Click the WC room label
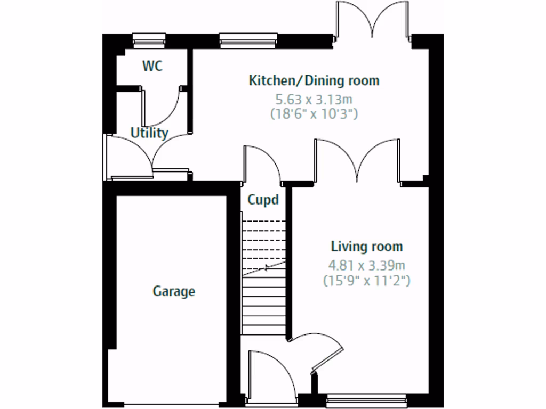152,67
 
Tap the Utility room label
150,133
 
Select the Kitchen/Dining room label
314,81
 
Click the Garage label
174,291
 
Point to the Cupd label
263,200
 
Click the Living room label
367,247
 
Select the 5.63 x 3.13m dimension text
314,99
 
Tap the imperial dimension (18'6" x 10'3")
314,113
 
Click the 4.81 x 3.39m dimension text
367,265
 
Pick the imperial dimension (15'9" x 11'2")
367,281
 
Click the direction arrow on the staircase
267,267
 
